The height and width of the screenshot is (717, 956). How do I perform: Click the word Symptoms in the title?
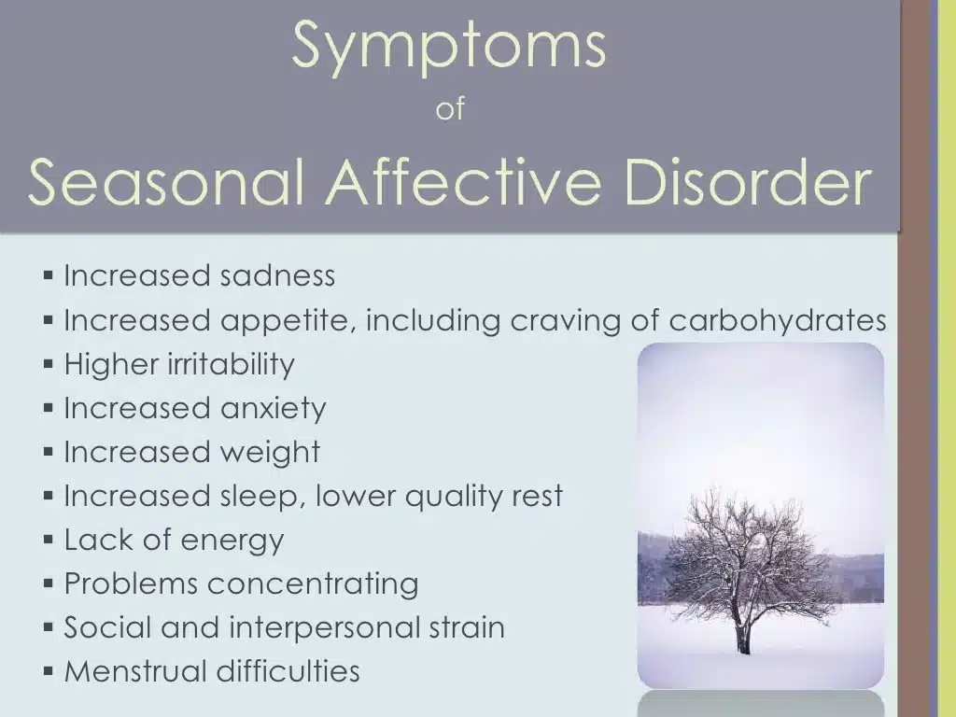point(449,47)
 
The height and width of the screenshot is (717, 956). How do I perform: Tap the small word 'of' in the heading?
point(450,110)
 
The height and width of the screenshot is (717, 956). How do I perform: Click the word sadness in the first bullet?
point(277,276)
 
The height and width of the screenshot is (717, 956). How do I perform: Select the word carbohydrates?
point(778,321)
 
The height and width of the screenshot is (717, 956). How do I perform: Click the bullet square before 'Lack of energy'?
point(49,540)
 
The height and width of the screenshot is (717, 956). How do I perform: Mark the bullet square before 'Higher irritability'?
point(49,364)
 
